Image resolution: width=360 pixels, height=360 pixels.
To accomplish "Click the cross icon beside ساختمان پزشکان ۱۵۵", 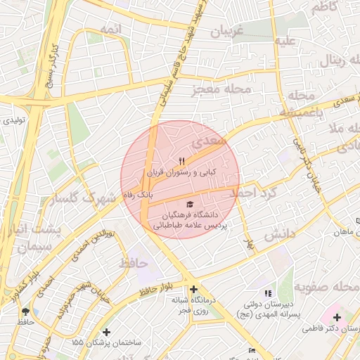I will (106, 332).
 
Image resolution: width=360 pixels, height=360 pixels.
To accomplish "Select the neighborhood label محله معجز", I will (220, 90).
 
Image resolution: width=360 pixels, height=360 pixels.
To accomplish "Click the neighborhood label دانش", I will (278, 236).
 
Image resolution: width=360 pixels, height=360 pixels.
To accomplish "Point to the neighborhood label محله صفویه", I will (322, 287).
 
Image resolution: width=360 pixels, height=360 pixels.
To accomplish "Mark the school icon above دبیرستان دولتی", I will (266, 293).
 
